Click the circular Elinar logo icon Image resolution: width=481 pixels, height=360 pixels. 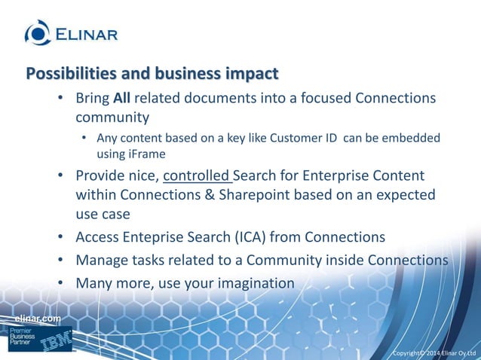click(x=38, y=32)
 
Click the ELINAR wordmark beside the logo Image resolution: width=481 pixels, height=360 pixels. click(x=85, y=33)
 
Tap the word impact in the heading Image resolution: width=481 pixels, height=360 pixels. click(x=251, y=74)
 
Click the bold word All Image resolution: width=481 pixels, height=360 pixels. click(x=122, y=99)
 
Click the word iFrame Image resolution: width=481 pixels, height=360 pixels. click(x=135, y=154)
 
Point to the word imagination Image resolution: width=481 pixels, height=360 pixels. click(x=253, y=284)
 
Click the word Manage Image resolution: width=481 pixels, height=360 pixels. click(x=100, y=261)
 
